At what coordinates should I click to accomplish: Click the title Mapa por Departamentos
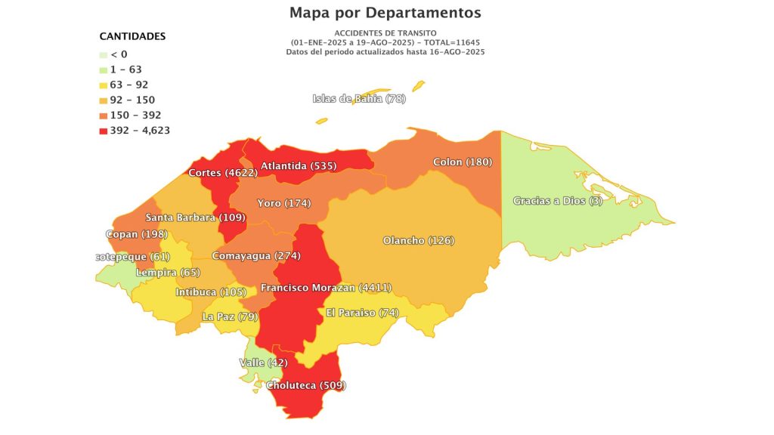click(x=385, y=13)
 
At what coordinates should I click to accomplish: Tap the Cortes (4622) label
click(x=223, y=172)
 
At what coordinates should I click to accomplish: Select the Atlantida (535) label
click(x=299, y=165)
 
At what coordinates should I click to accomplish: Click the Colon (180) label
click(x=463, y=162)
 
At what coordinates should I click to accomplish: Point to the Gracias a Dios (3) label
click(x=558, y=201)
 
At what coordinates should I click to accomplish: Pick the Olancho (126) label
click(x=418, y=240)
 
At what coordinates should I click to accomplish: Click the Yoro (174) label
click(x=284, y=203)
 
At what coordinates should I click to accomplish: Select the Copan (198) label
click(x=137, y=234)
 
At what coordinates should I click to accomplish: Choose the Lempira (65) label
click(x=167, y=272)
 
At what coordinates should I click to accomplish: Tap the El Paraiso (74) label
click(x=362, y=313)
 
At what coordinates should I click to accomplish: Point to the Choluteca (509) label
click(x=306, y=385)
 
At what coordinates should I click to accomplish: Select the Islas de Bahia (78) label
click(x=359, y=99)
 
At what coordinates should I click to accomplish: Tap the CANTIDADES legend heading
click(x=132, y=36)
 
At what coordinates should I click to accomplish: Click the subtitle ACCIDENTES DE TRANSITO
click(x=385, y=33)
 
